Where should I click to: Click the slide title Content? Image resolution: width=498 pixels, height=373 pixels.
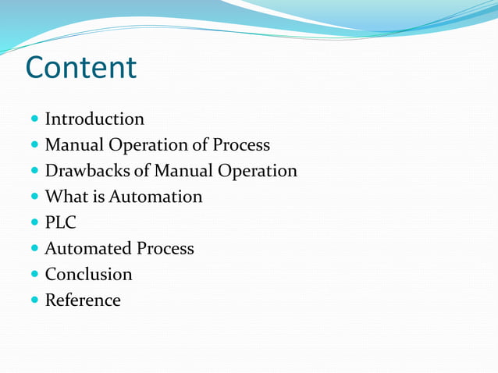(81, 67)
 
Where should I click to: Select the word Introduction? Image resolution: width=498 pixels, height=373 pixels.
(94, 119)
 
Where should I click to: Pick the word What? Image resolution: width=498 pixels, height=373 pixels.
(66, 197)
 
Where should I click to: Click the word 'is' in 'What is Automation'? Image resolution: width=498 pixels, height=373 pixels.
(98, 197)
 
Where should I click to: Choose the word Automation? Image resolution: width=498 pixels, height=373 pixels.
(155, 197)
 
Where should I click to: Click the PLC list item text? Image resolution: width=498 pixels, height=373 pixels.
(61, 222)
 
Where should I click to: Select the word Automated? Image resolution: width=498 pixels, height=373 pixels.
(88, 249)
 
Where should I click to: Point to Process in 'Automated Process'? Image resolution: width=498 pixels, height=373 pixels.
(165, 249)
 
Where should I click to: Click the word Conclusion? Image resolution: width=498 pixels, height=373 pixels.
(88, 275)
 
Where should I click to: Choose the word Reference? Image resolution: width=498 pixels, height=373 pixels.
(83, 300)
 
